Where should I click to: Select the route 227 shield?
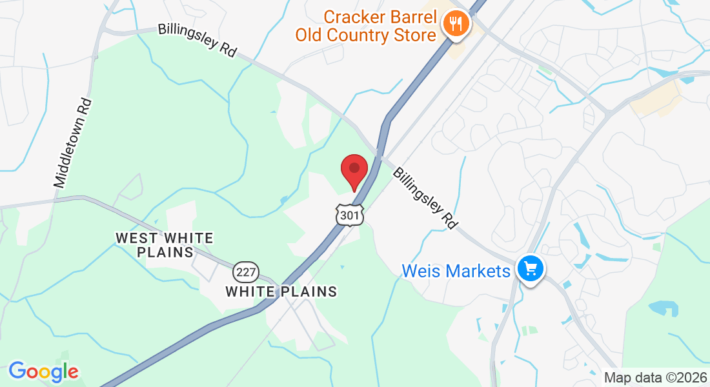(246, 272)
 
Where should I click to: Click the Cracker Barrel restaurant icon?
(457, 25)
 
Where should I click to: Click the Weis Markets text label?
(456, 271)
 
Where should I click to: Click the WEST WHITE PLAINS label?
(165, 245)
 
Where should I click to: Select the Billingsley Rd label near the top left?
(198, 41)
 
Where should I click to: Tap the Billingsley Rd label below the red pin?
(425, 198)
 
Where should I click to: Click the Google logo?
(43, 372)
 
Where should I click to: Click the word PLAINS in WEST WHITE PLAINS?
(166, 252)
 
